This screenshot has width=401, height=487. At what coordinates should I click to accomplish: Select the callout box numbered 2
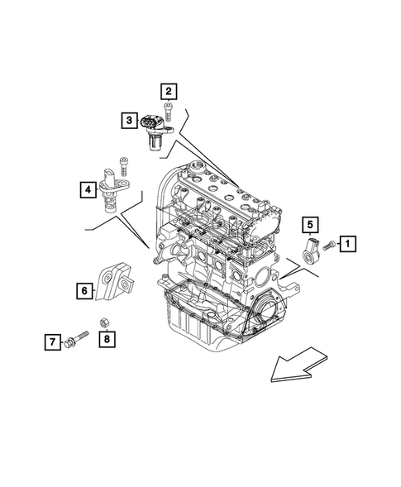click(169, 92)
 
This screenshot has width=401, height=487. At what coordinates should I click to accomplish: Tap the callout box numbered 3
click(131, 122)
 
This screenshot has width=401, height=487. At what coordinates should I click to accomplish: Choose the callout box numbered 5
click(308, 223)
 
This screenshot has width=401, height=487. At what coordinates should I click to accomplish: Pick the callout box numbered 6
click(84, 290)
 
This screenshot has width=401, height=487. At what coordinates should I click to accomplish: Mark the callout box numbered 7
click(51, 341)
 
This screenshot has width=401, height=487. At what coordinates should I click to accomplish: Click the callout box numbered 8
click(107, 338)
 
